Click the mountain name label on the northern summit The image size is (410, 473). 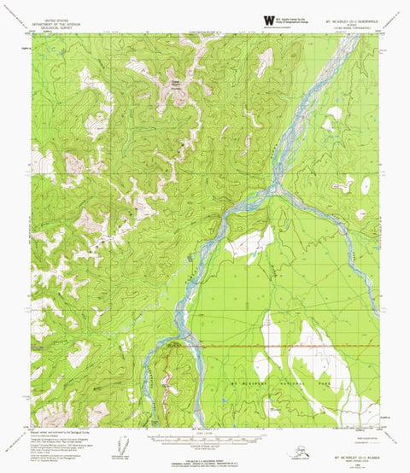click(x=175, y=83)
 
